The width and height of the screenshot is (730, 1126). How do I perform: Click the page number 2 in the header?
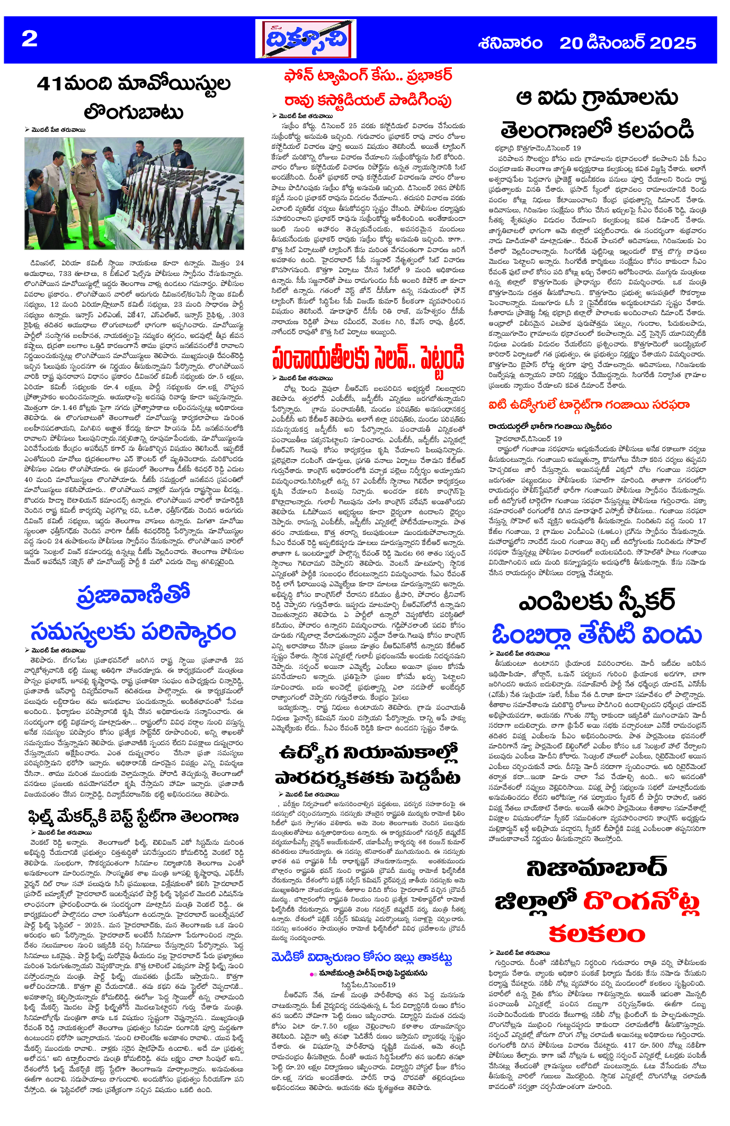coord(30,39)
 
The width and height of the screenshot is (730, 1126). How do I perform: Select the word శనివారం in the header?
coord(510,43)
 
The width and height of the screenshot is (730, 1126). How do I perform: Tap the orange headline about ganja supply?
coord(589,406)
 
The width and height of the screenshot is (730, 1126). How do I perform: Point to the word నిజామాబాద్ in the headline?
coord(597,868)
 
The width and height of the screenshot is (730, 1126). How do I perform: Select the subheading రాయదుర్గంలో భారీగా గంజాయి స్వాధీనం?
coord(550,426)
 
